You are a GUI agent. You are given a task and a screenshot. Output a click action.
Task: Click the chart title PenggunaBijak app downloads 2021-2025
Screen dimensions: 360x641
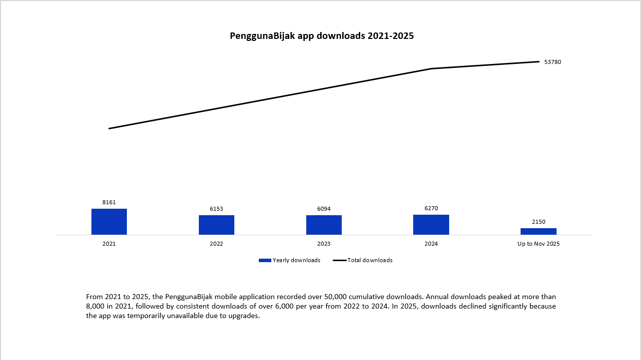322,36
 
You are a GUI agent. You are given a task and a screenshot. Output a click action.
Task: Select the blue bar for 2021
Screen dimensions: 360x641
109,222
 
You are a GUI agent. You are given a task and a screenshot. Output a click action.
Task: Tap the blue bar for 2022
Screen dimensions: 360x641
216,225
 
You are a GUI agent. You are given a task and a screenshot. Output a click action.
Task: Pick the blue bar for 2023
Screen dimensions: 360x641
324,225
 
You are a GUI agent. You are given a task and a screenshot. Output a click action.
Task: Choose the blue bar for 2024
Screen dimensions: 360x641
431,225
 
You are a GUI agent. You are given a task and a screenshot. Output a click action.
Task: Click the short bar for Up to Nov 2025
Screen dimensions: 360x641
538,231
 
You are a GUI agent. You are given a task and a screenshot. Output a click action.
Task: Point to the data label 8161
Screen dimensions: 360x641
109,202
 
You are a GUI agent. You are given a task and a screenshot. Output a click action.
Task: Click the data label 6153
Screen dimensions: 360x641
216,209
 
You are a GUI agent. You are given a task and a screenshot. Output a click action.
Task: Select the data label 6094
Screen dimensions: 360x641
324,209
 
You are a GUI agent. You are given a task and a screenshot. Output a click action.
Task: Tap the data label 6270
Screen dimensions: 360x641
431,208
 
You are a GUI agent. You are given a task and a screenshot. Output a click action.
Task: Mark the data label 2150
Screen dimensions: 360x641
538,222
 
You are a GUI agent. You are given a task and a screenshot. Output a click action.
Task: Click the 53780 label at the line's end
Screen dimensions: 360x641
553,62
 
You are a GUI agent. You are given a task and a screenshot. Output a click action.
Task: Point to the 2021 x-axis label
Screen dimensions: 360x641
109,244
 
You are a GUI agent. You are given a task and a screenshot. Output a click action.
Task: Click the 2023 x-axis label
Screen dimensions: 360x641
324,244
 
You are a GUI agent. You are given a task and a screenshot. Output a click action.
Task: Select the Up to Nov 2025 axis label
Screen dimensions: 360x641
538,244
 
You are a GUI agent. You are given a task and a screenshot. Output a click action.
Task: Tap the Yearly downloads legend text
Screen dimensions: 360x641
296,260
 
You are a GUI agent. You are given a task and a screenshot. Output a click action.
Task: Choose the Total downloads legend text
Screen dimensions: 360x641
370,260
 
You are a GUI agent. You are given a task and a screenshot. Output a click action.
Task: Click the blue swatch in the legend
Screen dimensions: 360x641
265,260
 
